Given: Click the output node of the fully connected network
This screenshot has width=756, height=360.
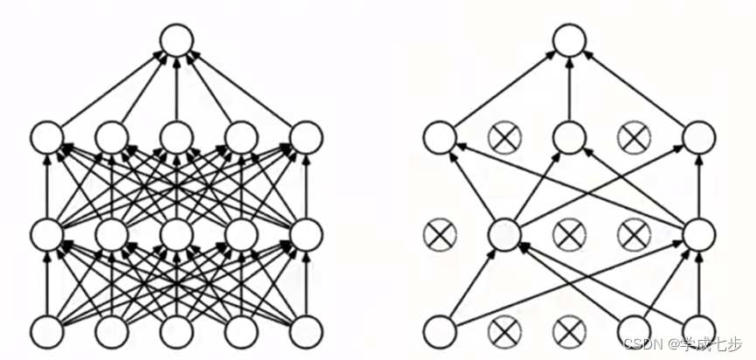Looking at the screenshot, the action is click(x=177, y=40).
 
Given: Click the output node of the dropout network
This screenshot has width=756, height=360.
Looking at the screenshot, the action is click(x=569, y=40).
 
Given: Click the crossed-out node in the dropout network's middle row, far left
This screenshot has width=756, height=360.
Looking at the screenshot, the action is click(x=439, y=234).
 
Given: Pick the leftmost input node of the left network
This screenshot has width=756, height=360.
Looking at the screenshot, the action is click(x=47, y=331).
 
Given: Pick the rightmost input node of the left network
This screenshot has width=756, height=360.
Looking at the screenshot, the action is click(x=306, y=331).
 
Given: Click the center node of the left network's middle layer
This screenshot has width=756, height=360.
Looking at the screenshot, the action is click(x=177, y=234).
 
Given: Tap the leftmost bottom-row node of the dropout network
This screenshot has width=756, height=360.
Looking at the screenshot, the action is click(x=439, y=331).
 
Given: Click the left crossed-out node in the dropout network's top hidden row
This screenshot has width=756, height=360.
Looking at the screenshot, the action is click(x=504, y=137).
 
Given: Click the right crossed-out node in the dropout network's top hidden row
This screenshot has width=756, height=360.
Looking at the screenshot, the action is click(x=634, y=137).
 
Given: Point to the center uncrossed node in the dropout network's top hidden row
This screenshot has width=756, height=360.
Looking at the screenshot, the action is click(x=569, y=137).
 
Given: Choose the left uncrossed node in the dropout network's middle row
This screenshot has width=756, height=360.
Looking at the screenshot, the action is click(x=504, y=234).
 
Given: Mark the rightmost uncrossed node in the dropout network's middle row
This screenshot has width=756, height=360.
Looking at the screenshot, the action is click(x=699, y=234).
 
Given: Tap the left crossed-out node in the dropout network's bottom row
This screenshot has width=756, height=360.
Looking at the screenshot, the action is click(x=504, y=331).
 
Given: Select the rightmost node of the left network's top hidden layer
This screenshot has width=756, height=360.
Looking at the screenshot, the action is click(x=306, y=137).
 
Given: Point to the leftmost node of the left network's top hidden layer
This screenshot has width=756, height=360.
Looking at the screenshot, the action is click(x=47, y=137).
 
